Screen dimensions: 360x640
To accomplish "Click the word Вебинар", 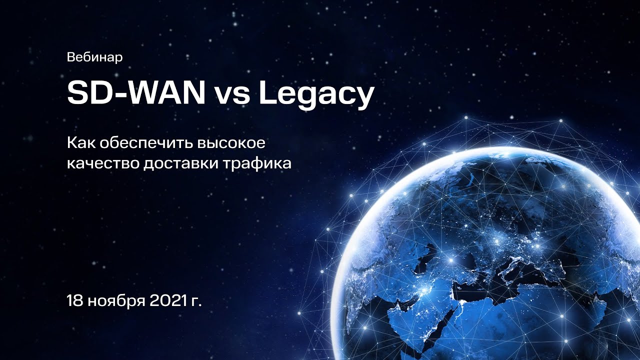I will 94,57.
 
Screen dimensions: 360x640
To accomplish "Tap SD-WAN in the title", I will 135,93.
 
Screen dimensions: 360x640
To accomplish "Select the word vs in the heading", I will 232,95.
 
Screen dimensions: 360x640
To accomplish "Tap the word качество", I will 102,163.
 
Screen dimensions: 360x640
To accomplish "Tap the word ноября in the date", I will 113,302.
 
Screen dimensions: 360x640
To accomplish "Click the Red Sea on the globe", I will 448,320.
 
